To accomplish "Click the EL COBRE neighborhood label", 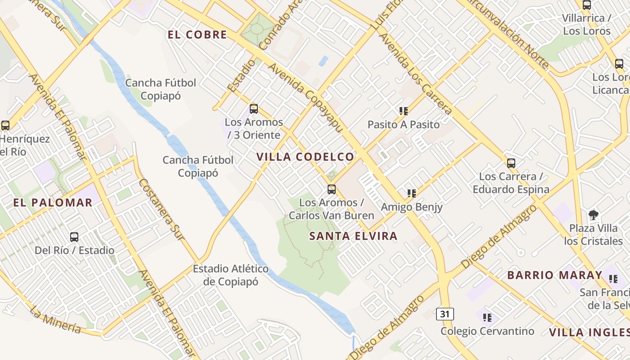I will tap(197, 35).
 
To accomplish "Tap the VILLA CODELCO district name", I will tap(306, 157).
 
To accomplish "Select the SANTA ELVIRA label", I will tap(353, 236).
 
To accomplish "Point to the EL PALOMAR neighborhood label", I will tap(53, 202).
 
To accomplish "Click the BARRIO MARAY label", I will tap(554, 275).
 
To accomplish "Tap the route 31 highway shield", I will tap(445, 314).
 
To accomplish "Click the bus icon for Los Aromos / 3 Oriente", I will tap(254, 108).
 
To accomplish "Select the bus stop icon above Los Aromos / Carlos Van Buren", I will tap(332, 189).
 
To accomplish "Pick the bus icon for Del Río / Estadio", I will tap(74, 237).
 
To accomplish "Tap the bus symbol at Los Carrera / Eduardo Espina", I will tap(511, 163).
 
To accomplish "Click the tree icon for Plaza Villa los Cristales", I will tap(594, 215).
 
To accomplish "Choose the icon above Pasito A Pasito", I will tap(403, 111).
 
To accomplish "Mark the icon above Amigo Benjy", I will tap(411, 193).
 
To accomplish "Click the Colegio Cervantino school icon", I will tap(487, 318).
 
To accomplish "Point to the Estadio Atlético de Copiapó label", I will tap(231, 275).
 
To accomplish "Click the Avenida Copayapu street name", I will tap(306, 97).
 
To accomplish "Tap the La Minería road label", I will tap(55, 319).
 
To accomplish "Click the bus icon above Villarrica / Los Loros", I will tap(586, 5).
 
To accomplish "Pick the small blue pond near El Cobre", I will tap(323, 60).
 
